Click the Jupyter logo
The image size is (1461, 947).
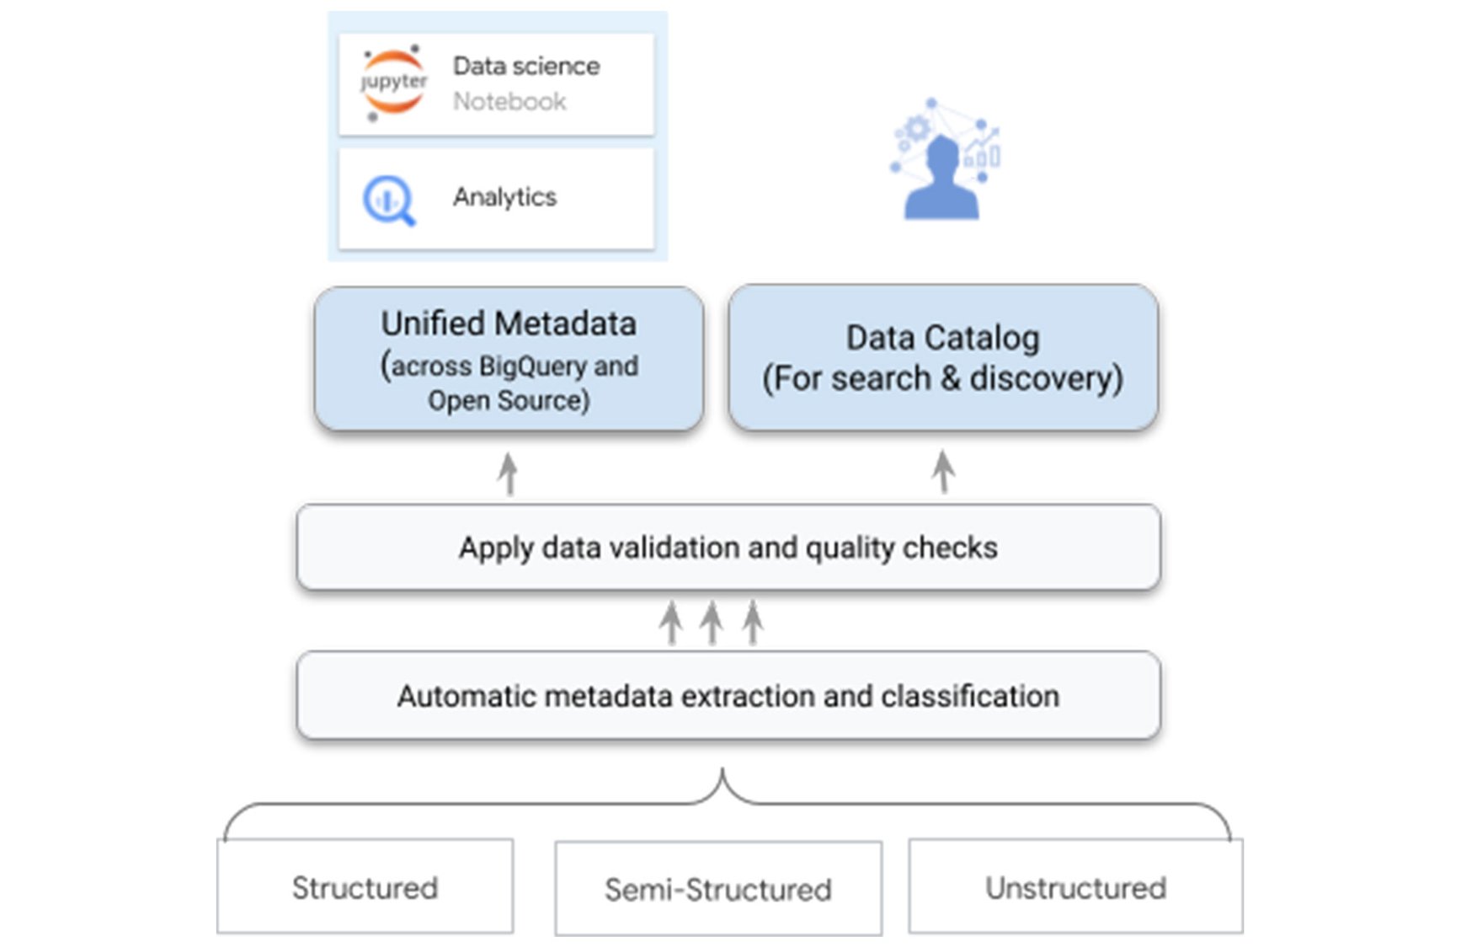pos(393,83)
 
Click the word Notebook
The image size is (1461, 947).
pos(509,102)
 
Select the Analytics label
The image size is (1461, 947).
pos(504,197)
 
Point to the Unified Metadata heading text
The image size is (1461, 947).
pos(509,324)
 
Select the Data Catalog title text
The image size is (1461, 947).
pos(942,338)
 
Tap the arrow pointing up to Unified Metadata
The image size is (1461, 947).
pos(508,473)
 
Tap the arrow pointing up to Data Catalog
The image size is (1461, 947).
pos(943,472)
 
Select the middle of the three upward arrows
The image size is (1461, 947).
pos(712,623)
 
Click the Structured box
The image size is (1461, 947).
pos(365,887)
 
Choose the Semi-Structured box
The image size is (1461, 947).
pos(718,889)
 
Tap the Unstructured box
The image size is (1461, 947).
pos(1075,887)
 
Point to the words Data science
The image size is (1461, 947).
pos(526,67)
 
